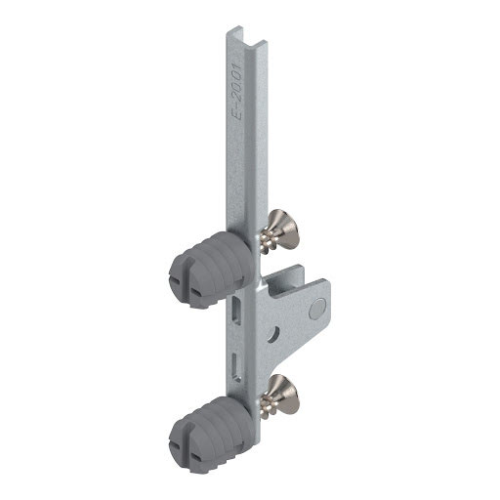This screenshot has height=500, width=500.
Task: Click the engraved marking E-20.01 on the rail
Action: [x=235, y=91]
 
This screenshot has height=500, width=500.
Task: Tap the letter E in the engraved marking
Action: [x=234, y=113]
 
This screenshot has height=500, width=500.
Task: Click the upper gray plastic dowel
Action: [x=212, y=269]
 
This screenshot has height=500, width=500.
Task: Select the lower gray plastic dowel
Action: [x=212, y=434]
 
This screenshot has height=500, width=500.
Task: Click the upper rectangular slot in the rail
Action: [x=236, y=310]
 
